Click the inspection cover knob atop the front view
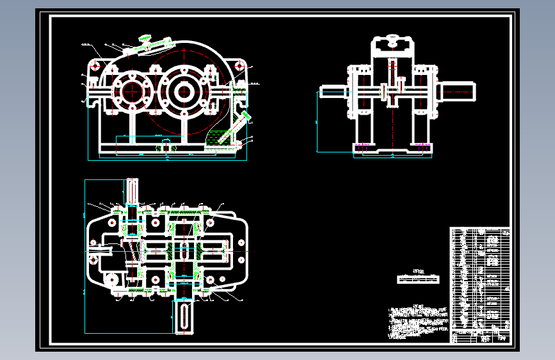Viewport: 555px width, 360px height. coord(146,40)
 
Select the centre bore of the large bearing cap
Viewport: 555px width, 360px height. coord(184,92)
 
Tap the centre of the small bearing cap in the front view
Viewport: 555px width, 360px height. coord(132,92)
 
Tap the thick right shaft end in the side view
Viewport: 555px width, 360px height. coord(458,91)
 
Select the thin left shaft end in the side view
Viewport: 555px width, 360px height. coord(332,92)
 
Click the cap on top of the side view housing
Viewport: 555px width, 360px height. coord(391,43)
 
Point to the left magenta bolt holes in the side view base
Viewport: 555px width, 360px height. coord(362,148)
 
